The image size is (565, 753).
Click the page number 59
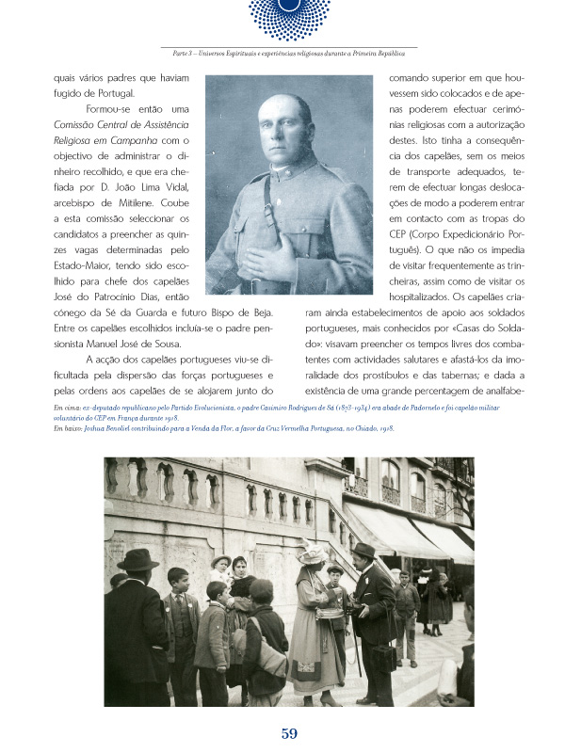288,732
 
